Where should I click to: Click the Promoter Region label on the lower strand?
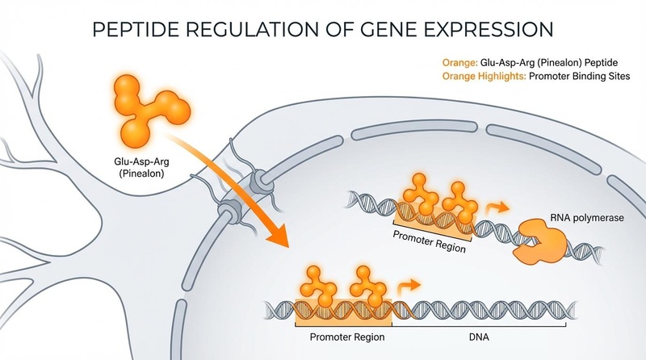(340, 335)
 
